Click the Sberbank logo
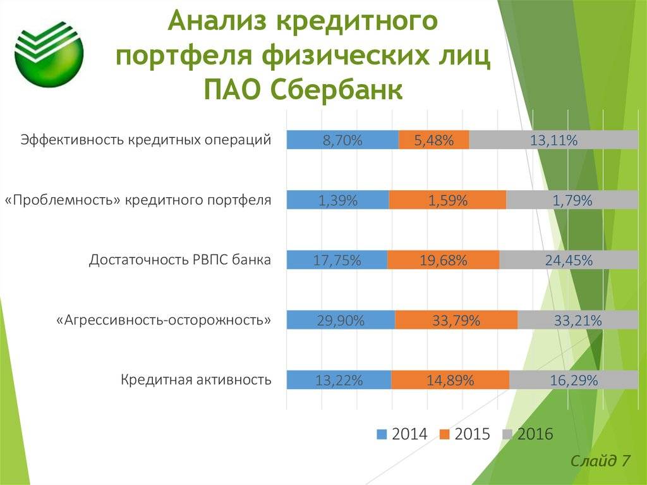49,53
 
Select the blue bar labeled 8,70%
342,140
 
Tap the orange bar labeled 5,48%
433,140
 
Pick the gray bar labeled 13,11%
553,140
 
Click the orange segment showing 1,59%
447,200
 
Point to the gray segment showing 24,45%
569,260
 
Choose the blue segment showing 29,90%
341,320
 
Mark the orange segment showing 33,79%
456,320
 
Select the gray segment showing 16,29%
574,379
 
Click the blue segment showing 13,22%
339,379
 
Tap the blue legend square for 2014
382,434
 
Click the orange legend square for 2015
444,434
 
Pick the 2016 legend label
535,434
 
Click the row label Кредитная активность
196,379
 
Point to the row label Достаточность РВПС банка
180,260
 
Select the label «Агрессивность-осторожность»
164,320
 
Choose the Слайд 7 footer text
601,460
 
